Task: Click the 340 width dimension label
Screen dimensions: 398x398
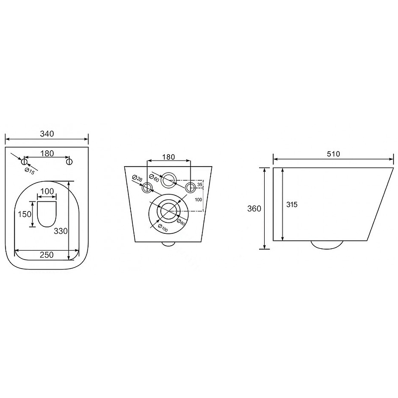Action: point(47,134)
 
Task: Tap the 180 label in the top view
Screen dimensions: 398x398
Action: point(47,154)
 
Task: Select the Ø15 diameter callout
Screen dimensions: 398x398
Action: point(30,171)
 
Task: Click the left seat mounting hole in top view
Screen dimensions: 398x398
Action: point(24,161)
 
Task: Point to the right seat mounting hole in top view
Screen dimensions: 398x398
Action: point(69,161)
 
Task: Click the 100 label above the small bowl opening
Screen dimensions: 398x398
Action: point(47,191)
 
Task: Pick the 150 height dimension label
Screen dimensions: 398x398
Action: point(24,214)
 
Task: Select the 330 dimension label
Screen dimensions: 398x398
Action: point(61,231)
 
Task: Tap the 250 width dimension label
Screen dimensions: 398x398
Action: point(47,255)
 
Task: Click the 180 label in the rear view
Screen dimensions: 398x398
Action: point(169,157)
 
